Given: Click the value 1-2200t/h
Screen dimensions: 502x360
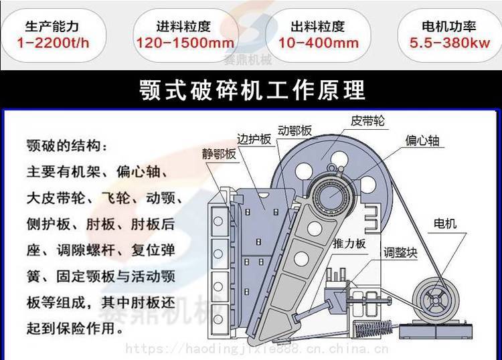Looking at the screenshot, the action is coord(53,43).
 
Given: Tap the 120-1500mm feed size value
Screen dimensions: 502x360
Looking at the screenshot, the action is coord(185,43).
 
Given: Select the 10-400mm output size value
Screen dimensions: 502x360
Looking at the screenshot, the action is coord(319,43).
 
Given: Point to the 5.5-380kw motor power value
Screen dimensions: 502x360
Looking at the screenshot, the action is coord(450,43).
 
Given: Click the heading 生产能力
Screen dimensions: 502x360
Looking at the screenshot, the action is coord(52,26).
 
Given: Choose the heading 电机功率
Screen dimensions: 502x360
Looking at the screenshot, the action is coord(449,26).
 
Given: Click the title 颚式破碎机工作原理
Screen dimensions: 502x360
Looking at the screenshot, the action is coord(252,90).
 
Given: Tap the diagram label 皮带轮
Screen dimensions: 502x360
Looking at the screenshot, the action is coord(367,121).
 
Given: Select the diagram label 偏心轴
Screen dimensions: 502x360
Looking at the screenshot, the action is coord(422,141).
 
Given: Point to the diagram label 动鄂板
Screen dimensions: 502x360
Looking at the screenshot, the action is coord(295,130).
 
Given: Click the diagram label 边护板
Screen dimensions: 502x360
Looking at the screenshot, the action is coord(254,139).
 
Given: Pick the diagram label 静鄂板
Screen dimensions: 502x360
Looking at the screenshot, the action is coord(219,155).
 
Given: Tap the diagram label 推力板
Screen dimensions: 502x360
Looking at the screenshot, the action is coord(349,244).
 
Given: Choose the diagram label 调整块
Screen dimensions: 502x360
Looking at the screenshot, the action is coord(401,253).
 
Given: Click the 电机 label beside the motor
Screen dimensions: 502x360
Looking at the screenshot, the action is coord(445,223).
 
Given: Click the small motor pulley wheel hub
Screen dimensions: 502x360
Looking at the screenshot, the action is coord(435,300).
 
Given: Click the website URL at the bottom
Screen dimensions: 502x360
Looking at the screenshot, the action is coord(257,349).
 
